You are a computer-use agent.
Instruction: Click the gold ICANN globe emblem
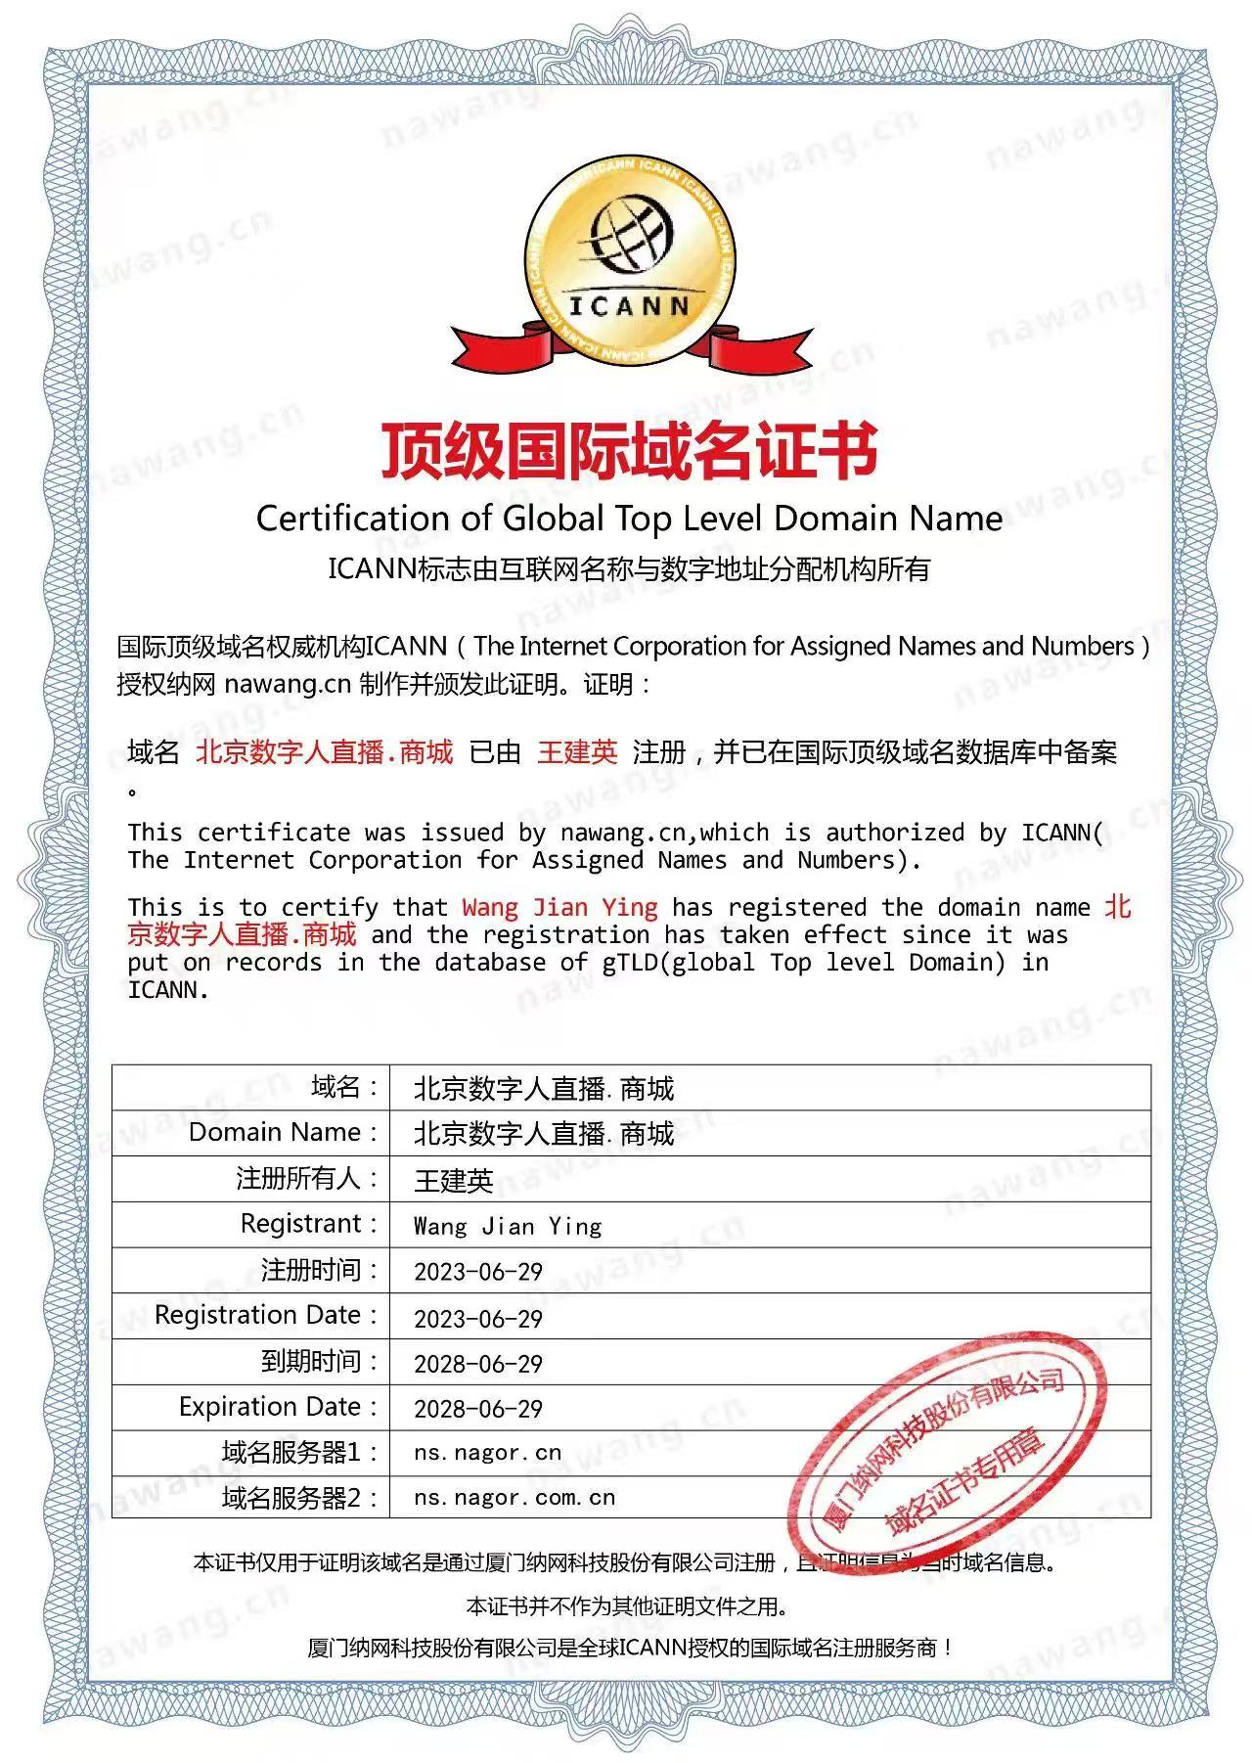(627, 261)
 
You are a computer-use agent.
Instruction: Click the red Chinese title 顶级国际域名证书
(628, 451)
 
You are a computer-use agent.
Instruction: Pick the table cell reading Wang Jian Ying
(508, 1226)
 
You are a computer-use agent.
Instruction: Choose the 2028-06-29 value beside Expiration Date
(478, 1408)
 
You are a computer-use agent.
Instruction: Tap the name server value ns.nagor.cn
(488, 1453)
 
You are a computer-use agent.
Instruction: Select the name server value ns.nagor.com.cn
(514, 1498)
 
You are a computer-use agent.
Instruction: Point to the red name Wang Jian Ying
(559, 908)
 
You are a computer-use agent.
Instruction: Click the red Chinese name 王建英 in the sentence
(577, 752)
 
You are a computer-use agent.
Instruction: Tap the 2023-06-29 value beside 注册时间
(478, 1272)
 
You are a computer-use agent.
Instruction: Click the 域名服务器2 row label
(299, 1498)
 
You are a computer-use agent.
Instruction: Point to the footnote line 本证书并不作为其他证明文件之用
(627, 1606)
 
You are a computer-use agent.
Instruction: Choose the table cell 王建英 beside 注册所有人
(454, 1181)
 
